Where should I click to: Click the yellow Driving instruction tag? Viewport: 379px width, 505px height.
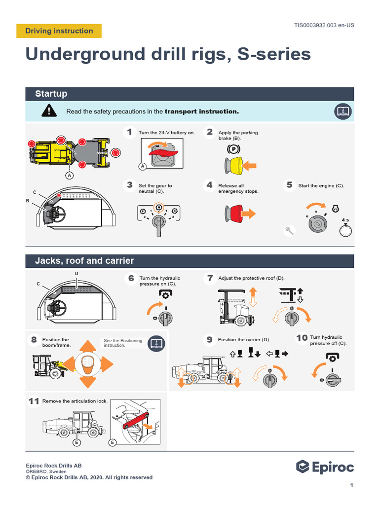coord(59,31)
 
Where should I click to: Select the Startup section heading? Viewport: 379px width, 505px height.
coord(51,94)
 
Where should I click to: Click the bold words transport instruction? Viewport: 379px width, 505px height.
coord(201,111)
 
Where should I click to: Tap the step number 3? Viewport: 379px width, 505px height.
coord(129,185)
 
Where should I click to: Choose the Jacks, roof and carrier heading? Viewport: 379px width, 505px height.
coord(84,260)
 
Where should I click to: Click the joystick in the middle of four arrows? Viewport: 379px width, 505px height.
coord(87,364)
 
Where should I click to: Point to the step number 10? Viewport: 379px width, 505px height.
coord(302,338)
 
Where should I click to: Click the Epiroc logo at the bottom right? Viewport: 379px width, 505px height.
coord(325,467)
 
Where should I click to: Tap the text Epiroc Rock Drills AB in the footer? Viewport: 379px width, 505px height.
coord(54,466)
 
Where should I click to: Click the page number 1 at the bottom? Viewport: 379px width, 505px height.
coord(351,486)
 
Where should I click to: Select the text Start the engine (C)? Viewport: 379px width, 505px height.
coord(321,186)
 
